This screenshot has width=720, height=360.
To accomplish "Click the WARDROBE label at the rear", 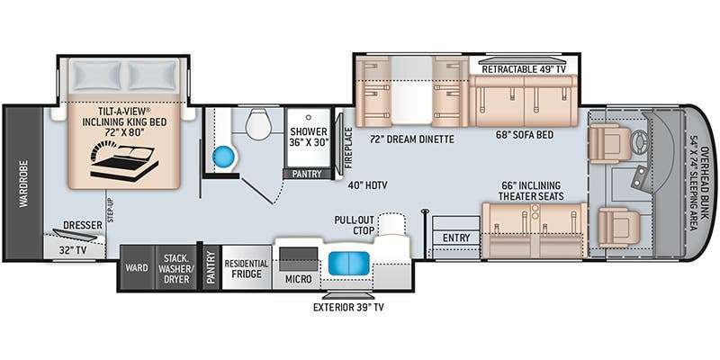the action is (x=24, y=184).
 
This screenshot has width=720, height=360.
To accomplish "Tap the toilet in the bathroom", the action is (x=259, y=124).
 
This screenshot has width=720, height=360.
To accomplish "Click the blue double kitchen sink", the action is (x=349, y=264).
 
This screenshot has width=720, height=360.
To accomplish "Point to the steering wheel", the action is (x=641, y=137).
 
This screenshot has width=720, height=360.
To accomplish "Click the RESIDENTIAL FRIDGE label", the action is (x=246, y=269).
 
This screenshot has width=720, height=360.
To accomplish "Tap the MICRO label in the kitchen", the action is (x=299, y=279).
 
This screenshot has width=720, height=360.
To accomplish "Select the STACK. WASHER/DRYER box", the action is (x=176, y=267).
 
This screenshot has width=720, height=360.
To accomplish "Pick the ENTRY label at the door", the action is (x=456, y=238).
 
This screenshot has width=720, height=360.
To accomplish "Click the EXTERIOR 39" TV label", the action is (x=348, y=307).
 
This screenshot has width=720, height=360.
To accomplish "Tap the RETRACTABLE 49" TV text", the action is (x=524, y=69).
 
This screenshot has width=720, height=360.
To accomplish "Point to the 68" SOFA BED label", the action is (x=524, y=135).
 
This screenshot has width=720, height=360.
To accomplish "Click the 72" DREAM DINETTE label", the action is (x=412, y=139).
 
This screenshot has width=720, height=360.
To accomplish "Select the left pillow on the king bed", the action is (x=97, y=76).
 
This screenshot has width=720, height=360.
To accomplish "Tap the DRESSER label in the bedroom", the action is (x=83, y=226).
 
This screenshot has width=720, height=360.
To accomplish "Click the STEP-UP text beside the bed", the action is (x=110, y=211).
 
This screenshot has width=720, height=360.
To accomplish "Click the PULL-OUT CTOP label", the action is (x=354, y=225).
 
